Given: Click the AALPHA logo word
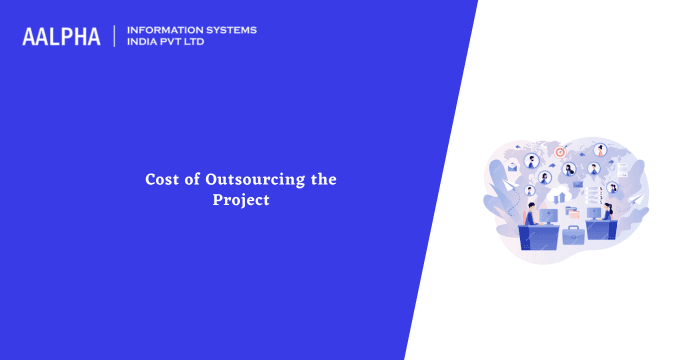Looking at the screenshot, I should (61, 37).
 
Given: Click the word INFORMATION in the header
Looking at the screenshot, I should (164, 30).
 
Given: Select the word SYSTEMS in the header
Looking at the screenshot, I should (230, 30).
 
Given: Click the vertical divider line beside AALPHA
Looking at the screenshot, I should (115, 36).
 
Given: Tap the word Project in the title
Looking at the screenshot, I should (240, 199).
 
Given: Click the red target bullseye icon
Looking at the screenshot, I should (560, 152).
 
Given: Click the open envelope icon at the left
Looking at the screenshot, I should (512, 167).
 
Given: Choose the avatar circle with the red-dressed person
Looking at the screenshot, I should (600, 151).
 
